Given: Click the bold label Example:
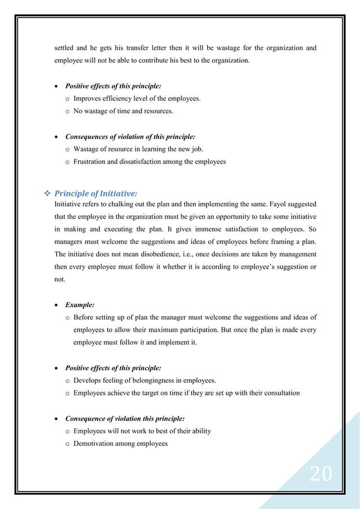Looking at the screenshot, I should coord(80,305).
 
